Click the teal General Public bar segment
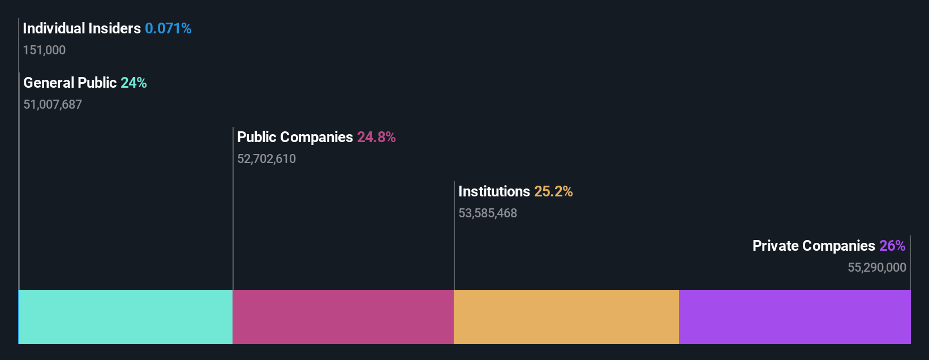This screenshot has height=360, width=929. point(126,317)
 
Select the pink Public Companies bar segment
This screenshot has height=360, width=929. point(343,317)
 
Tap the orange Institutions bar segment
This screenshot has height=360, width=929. point(566,317)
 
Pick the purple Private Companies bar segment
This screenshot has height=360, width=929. point(794,317)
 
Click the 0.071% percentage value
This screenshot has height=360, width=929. point(168,28)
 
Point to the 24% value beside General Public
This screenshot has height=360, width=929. point(134,83)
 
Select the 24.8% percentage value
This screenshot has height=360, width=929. point(376,137)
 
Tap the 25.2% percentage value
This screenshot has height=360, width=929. point(553,191)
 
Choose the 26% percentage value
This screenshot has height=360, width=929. point(892,246)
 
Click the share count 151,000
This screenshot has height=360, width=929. point(44,50)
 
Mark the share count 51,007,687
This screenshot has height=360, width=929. point(53,105)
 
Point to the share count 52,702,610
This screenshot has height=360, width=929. point(266,159)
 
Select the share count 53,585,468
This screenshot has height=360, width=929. point(488,213)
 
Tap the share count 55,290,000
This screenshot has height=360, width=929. point(877,268)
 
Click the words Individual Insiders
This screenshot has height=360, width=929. point(81,28)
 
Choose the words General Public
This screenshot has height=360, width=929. point(70,83)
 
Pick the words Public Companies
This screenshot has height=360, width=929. point(295,137)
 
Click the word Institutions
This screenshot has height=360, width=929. point(494,191)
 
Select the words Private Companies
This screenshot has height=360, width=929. point(814,246)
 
